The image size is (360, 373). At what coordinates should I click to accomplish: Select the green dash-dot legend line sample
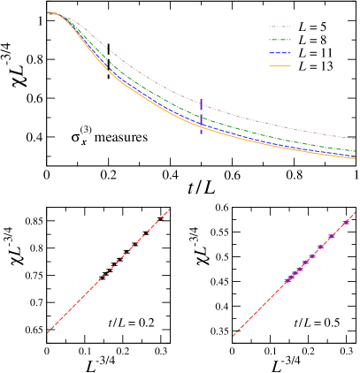pyautogui.click(x=280, y=40)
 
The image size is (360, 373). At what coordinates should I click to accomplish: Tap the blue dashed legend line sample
pyautogui.click(x=280, y=53)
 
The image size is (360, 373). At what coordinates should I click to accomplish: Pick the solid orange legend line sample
pyautogui.click(x=280, y=65)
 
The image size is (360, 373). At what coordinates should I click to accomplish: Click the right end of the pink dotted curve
pyautogui.click(x=356, y=139)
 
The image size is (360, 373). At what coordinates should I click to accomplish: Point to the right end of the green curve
pyautogui.click(x=356, y=151)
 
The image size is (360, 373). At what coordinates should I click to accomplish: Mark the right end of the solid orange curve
pyautogui.click(x=356, y=159)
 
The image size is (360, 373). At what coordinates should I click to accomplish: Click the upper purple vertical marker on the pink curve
pyautogui.click(x=201, y=104)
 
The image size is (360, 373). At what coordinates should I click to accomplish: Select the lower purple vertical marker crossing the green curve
pyautogui.click(x=201, y=123)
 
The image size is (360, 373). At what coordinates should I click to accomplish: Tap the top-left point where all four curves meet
pyautogui.click(x=50, y=13)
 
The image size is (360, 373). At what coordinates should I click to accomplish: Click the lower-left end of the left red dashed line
pyautogui.click(x=48, y=332)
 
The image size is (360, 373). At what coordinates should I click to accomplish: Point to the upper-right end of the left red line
pyautogui.click(x=169, y=210)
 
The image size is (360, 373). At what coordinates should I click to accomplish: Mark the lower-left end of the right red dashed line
pyautogui.click(x=234, y=336)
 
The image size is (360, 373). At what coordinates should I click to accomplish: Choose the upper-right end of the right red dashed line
pyautogui.click(x=356, y=212)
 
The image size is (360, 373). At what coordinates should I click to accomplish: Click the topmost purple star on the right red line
pyautogui.click(x=346, y=223)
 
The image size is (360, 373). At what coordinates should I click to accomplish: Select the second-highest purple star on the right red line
pyautogui.click(x=332, y=236)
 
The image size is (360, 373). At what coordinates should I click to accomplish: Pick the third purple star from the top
pyautogui.click(x=321, y=247)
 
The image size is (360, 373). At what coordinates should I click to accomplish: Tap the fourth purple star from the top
pyautogui.click(x=312, y=256)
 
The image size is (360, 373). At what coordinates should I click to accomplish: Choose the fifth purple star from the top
pyautogui.click(x=305, y=263)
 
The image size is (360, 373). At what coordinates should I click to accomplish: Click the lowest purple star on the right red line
pyautogui.click(x=287, y=281)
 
